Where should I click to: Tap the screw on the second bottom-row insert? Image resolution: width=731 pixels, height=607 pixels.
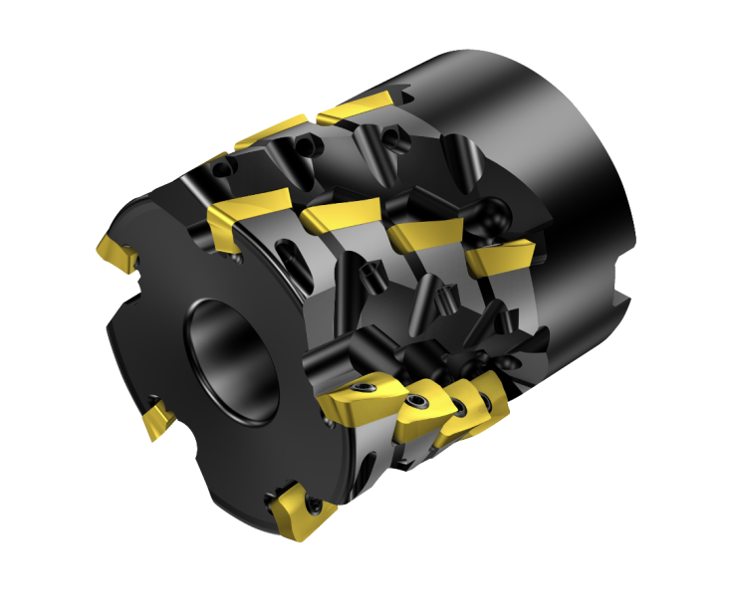tap(417, 403)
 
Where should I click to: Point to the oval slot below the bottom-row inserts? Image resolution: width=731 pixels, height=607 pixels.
tap(364, 468)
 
